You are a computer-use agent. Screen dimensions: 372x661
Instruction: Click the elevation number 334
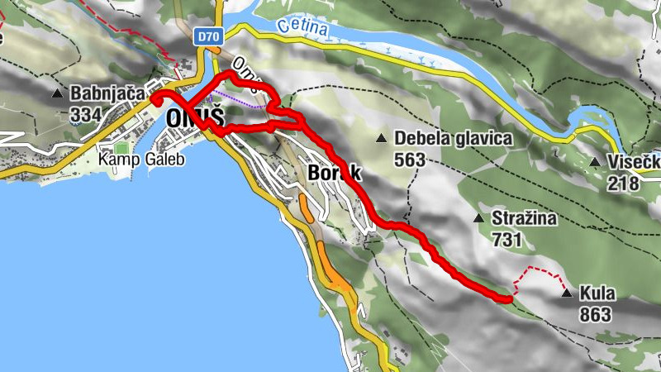pyautogui.click(x=86, y=114)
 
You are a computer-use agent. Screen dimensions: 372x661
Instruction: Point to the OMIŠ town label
pyautogui.click(x=195, y=119)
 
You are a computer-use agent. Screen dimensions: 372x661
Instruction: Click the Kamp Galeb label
pyautogui.click(x=140, y=158)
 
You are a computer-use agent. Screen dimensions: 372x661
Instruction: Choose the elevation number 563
pyautogui.click(x=409, y=160)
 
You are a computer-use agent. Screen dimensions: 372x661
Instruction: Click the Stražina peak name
pyautogui.click(x=525, y=219)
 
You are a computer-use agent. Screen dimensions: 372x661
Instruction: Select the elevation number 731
pyautogui.click(x=506, y=240)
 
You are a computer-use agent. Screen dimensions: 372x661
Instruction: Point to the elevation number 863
pyautogui.click(x=595, y=314)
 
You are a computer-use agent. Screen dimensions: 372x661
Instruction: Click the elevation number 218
pyautogui.click(x=623, y=183)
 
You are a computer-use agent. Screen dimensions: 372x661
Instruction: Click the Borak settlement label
pyautogui.click(x=335, y=174)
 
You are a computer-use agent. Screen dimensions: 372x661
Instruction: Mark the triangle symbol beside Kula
pyautogui.click(x=566, y=293)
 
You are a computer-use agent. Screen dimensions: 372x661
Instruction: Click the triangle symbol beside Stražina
pyautogui.click(x=478, y=218)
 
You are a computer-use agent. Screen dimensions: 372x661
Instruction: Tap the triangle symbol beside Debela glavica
pyautogui.click(x=381, y=137)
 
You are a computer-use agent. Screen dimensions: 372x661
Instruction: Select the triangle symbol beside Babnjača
pyautogui.click(x=57, y=93)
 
